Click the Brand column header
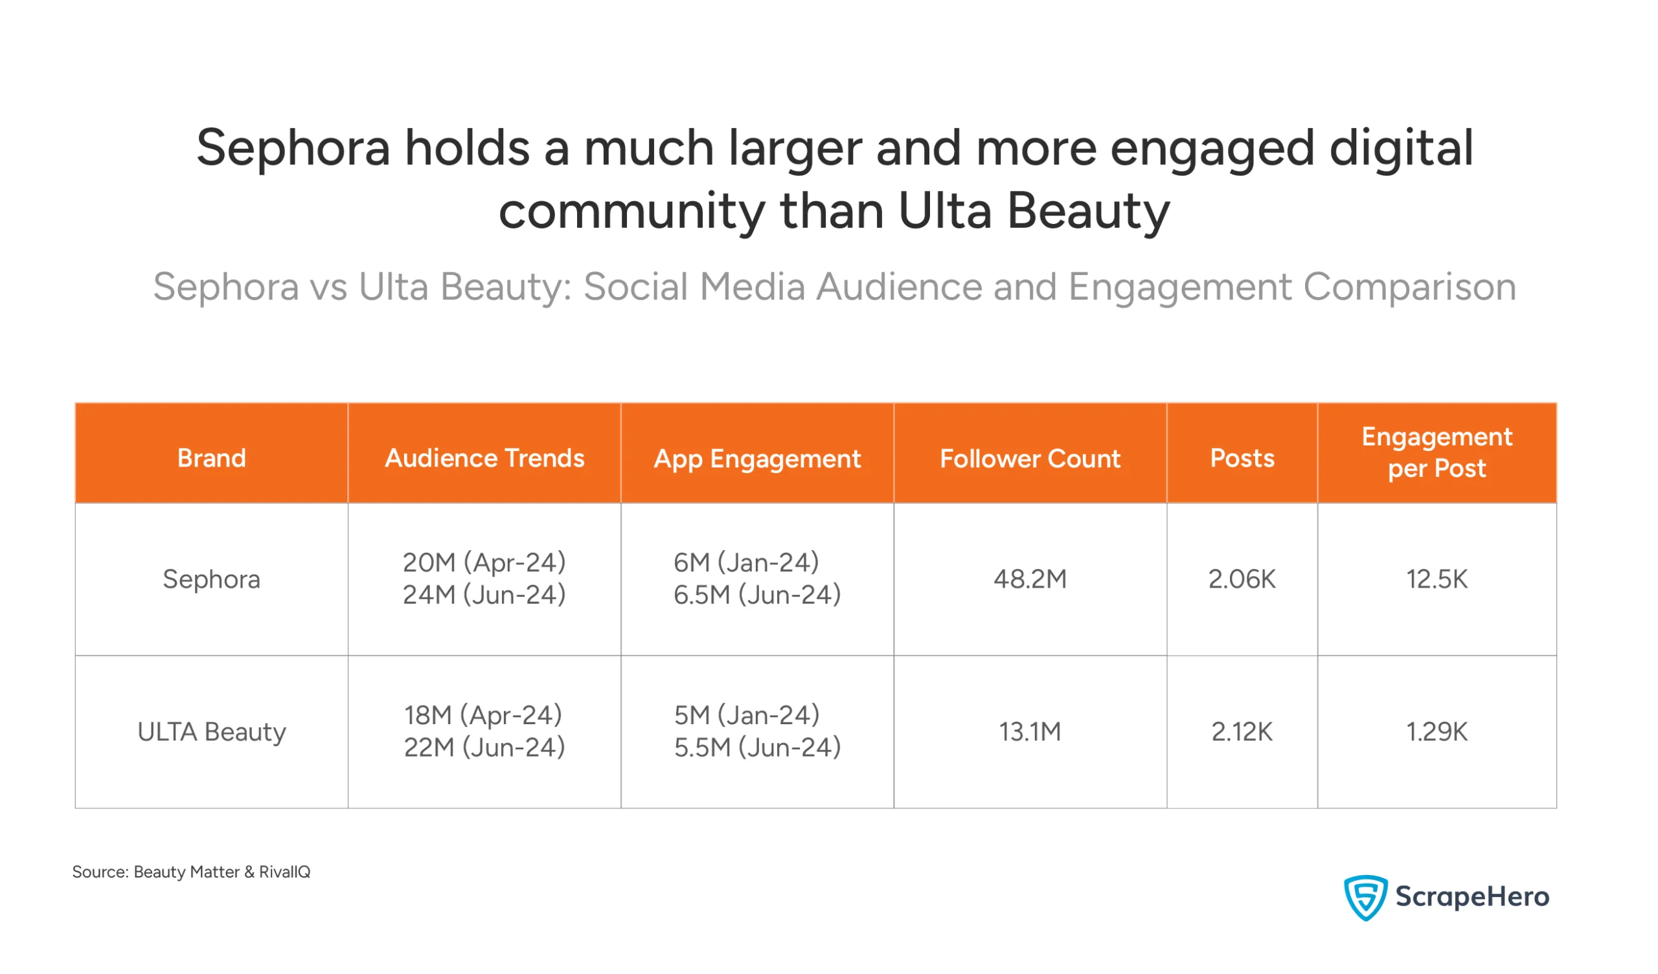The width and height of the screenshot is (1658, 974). [211, 458]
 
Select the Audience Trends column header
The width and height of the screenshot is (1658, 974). [484, 458]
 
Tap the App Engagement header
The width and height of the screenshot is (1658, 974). [756, 458]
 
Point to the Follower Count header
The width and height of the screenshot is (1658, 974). [1030, 458]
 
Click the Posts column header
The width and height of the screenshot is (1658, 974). [1242, 458]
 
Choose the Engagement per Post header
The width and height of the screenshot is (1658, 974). [1437, 452]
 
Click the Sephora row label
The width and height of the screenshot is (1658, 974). [211, 579]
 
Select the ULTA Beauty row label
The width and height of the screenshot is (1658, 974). [211, 731]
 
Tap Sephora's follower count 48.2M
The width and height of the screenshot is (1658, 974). [1030, 579]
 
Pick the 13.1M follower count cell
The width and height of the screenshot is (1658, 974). [1030, 731]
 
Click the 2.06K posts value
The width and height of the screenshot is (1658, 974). [1242, 579]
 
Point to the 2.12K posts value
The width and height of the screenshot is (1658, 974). [1242, 731]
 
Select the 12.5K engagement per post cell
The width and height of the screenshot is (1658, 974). [1437, 579]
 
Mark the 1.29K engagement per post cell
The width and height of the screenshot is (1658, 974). [1437, 731]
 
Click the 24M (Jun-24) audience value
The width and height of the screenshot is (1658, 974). [484, 595]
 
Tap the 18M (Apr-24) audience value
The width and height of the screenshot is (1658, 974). [483, 715]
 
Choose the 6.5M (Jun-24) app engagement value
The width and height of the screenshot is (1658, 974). [756, 595]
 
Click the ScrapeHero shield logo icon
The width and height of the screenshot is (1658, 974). [1365, 896]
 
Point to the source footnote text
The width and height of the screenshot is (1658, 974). [191, 871]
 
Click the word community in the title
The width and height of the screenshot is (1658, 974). [631, 212]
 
